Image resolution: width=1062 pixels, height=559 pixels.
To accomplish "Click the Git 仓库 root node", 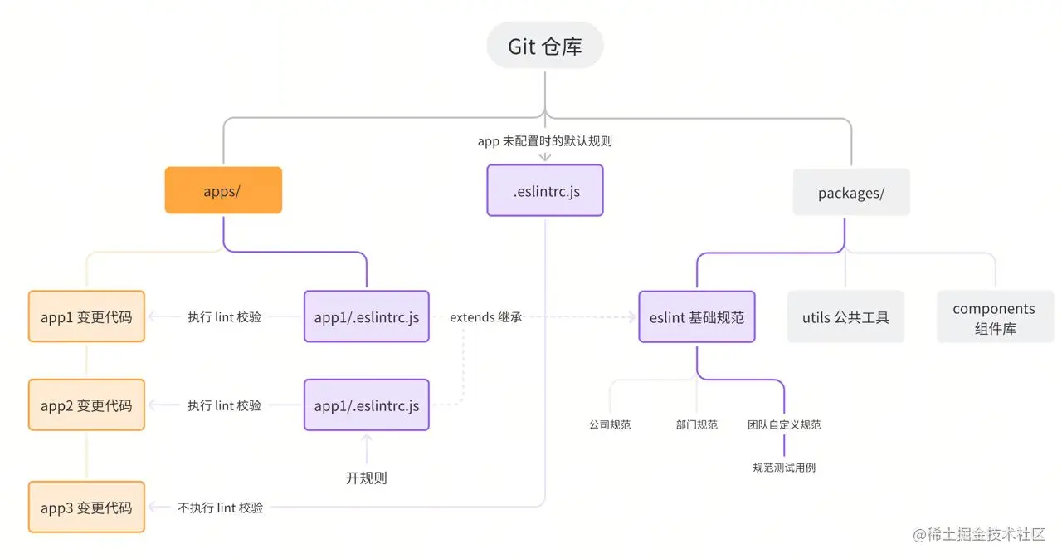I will (545, 47).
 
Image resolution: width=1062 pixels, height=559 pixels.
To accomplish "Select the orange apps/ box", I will (222, 191).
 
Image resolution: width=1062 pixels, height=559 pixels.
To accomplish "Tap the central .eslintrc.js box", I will (545, 191).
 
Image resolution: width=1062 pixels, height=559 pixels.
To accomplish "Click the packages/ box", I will (851, 194).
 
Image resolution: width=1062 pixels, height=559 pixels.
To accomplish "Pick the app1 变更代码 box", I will (86, 316).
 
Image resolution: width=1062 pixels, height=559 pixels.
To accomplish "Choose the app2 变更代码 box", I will (86, 405).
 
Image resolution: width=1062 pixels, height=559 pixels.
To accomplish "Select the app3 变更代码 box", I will (86, 508).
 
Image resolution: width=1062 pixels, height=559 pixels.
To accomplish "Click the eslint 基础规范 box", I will (697, 316).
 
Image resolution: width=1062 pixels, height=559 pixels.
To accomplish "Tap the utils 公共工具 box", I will (845, 317).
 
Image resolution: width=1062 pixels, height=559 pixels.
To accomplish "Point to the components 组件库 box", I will (994, 317).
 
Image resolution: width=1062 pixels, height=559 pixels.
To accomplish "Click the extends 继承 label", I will (486, 316).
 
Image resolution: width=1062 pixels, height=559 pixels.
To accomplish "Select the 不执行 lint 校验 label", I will (221, 508).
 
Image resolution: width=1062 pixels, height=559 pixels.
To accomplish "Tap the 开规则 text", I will (366, 478).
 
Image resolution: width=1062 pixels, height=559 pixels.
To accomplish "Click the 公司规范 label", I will (610, 424).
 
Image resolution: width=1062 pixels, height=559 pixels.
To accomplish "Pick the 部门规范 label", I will (697, 424).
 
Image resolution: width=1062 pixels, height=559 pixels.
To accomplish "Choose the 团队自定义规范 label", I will (784, 424).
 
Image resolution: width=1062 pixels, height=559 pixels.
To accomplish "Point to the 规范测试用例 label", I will (784, 468).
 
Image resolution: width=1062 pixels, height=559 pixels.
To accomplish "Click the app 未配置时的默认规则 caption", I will (545, 140).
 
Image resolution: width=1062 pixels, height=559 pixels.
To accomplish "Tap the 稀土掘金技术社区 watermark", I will (979, 535).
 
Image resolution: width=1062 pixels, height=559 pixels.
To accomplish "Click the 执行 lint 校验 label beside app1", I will (224, 316).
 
